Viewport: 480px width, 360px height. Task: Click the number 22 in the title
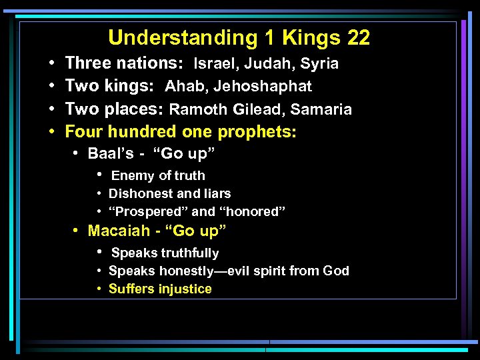pyautogui.click(x=358, y=38)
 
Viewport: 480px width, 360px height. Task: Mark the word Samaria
pyautogui.click(x=323, y=109)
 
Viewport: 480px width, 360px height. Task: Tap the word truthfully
pyautogui.click(x=187, y=253)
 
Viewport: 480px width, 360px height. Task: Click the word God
pyautogui.click(x=335, y=271)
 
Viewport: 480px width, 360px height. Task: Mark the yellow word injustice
pyautogui.click(x=184, y=289)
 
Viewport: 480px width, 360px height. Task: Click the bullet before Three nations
pyautogui.click(x=51, y=64)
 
